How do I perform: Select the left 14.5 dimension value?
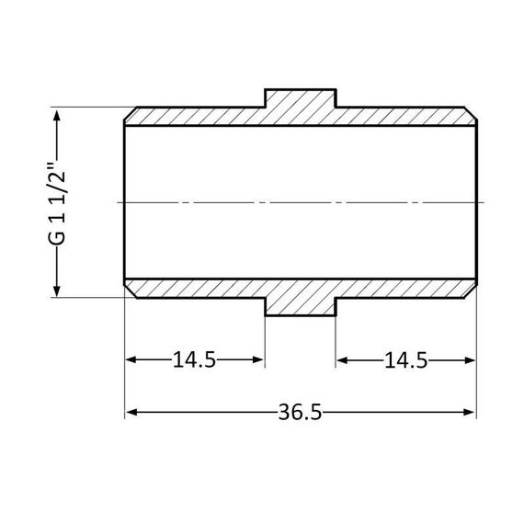(194, 360)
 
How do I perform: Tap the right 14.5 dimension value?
(405, 360)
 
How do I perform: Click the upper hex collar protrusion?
(301, 99)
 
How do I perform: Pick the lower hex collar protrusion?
(301, 306)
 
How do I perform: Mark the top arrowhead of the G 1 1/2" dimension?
(59, 115)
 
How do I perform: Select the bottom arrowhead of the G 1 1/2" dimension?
(59, 290)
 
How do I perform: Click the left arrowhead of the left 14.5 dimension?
(131, 360)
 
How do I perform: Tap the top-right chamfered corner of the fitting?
(473, 113)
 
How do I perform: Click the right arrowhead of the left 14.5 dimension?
(259, 360)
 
